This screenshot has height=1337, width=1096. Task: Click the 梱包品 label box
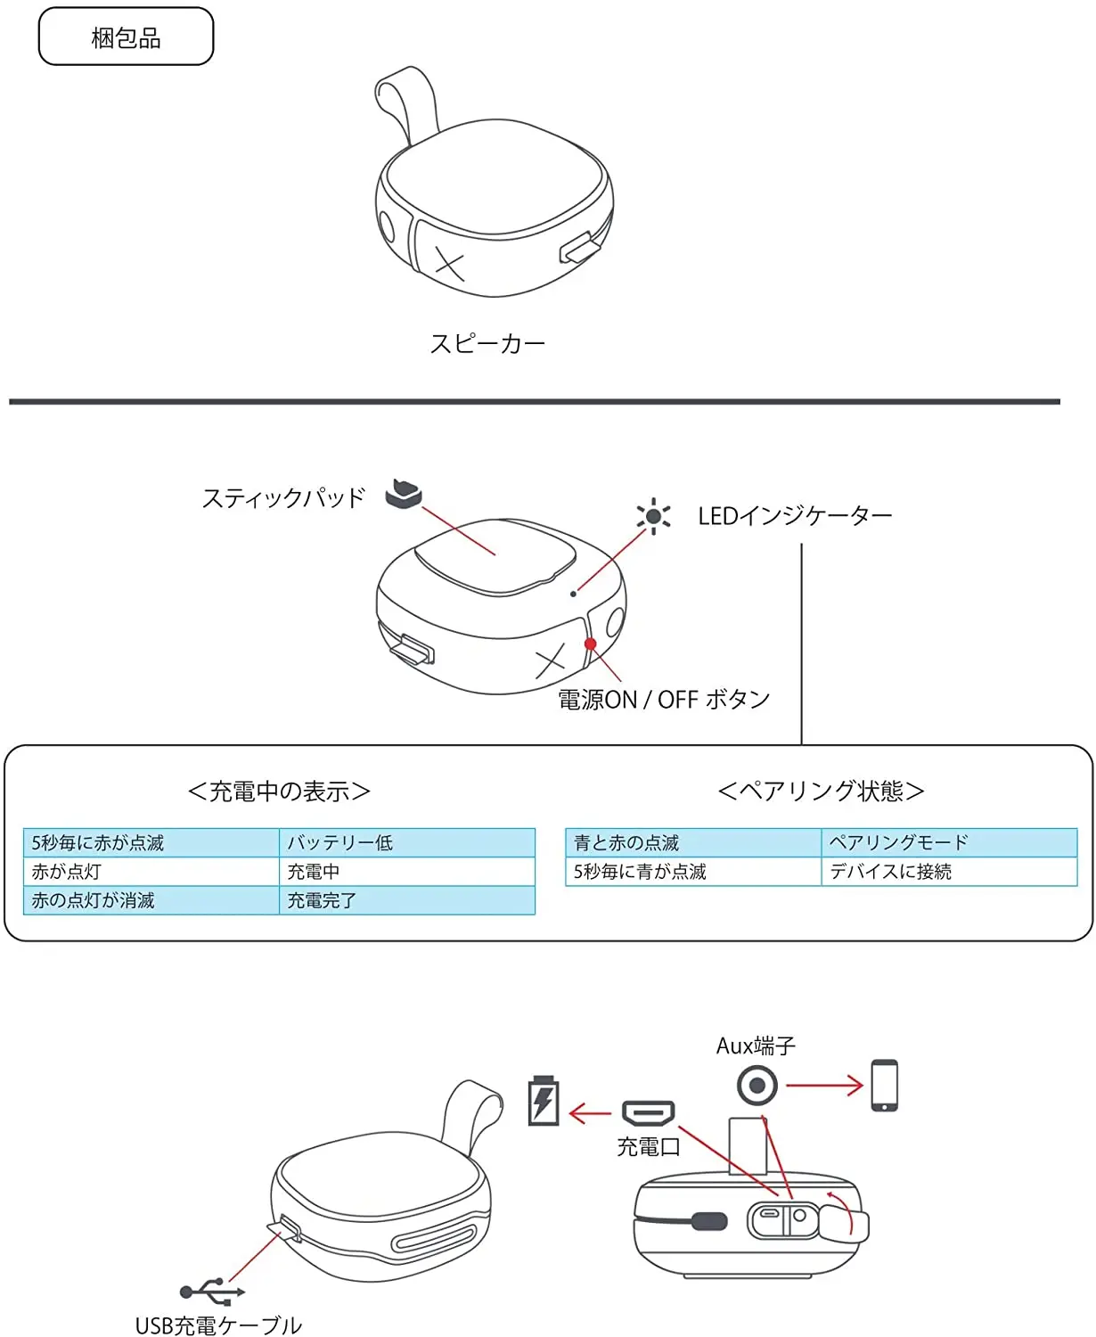[126, 37]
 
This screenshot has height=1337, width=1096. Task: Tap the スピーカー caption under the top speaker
[487, 343]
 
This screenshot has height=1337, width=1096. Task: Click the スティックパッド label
[283, 497]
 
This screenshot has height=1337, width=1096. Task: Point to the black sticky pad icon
[403, 494]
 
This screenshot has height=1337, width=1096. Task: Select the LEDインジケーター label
[795, 516]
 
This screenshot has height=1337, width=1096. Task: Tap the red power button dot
[590, 644]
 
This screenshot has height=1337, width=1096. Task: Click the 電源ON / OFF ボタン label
[664, 699]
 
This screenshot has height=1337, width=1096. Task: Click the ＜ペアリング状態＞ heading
[821, 791]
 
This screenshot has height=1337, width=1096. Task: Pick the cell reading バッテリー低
[407, 842]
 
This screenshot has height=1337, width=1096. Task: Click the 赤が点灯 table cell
[151, 871]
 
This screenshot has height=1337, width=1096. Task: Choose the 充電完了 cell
[407, 900]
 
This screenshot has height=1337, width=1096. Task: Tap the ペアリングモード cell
[949, 842]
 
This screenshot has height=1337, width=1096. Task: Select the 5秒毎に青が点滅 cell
[693, 871]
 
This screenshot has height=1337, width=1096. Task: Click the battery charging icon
[544, 1101]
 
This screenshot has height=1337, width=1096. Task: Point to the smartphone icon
[884, 1086]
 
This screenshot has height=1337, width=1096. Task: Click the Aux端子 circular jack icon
[757, 1086]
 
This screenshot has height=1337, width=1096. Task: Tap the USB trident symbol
[212, 1292]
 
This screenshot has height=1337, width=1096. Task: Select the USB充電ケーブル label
[218, 1324]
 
